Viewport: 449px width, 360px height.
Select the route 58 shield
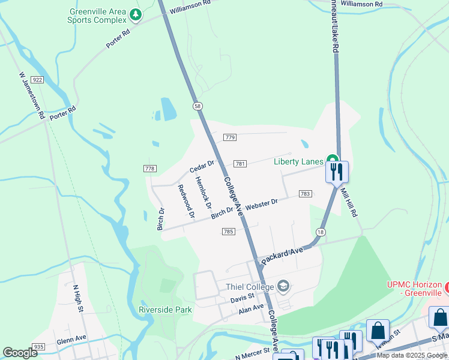tap(197, 106)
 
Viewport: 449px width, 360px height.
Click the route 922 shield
tap(38, 80)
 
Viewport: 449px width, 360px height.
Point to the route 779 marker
tap(229, 137)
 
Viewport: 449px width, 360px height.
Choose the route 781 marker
tap(240, 164)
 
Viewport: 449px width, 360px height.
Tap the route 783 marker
tap(305, 193)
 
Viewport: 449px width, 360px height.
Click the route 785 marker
tap(228, 232)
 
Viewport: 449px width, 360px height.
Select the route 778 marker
tap(150, 169)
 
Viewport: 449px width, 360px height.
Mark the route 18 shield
tap(320, 232)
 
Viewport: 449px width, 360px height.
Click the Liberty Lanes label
tap(298, 161)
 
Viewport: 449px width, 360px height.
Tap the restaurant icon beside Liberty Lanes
tap(337, 172)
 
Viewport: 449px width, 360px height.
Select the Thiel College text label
tap(250, 287)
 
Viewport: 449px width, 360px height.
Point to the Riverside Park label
tap(165, 310)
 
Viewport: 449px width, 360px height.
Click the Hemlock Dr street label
tap(203, 193)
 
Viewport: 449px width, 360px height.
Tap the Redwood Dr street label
tap(187, 201)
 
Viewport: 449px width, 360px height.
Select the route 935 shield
tap(39, 347)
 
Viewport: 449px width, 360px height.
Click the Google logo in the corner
tap(20, 353)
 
